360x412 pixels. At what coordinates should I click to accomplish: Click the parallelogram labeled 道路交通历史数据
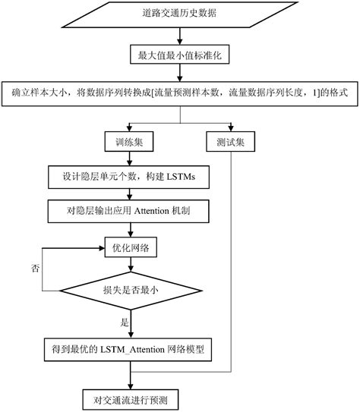click(180, 14)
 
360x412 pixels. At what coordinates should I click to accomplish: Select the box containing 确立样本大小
click(180, 92)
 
